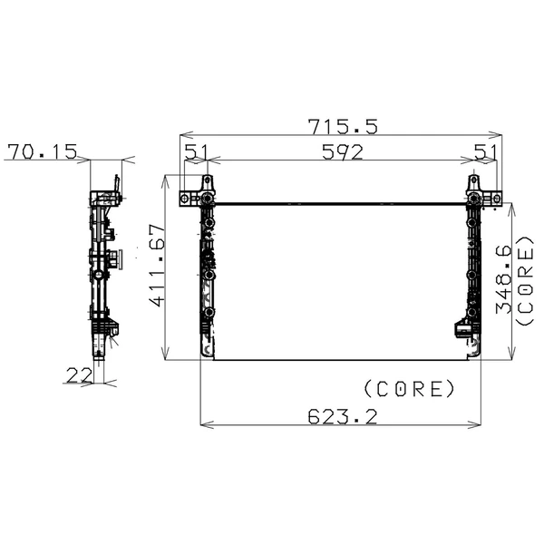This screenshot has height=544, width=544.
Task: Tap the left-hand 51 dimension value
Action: pyautogui.click(x=196, y=151)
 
